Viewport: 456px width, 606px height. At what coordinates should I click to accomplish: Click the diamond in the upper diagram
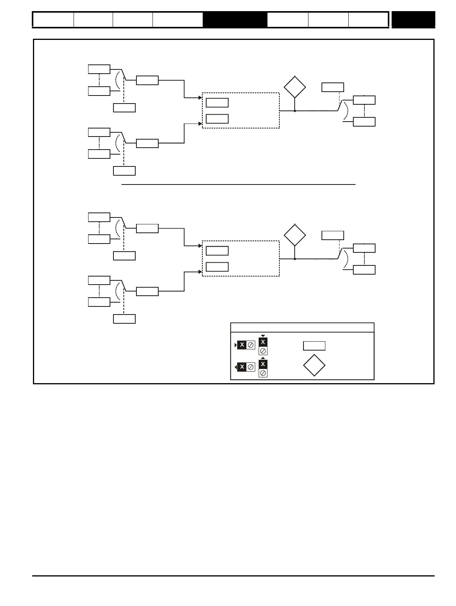point(295,87)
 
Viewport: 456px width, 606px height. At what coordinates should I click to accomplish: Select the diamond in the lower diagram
point(295,235)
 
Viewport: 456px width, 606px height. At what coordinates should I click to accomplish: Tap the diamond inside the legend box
point(314,366)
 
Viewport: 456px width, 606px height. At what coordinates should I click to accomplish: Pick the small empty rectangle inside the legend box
point(314,346)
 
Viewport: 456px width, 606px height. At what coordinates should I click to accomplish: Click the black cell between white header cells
point(235,20)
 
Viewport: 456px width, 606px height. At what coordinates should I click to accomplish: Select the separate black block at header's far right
point(413,20)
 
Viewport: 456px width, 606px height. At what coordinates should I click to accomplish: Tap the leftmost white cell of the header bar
point(53,20)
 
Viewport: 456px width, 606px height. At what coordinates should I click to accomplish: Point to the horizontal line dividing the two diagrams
point(238,184)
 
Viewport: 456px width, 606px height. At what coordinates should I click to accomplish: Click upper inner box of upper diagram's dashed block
point(217,103)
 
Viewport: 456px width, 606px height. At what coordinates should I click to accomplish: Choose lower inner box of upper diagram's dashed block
point(217,119)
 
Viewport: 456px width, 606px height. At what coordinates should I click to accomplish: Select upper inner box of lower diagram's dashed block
point(217,251)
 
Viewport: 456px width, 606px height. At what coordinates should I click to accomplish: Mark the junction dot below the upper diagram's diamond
point(295,111)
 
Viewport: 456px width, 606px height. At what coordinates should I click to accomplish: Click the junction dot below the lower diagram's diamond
point(295,259)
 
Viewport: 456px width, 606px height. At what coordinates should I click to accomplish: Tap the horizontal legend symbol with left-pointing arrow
point(245,367)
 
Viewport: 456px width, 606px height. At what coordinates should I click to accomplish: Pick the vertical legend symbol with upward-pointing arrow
point(263,368)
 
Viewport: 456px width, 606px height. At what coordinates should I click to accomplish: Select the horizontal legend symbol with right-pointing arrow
point(245,345)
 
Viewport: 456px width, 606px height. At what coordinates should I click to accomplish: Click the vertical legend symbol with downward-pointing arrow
point(263,346)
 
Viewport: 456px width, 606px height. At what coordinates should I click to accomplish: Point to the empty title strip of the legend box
point(302,328)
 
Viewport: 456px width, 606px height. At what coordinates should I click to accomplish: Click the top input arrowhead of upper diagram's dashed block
point(200,98)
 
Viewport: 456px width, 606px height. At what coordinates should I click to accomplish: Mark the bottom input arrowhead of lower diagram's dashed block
point(200,272)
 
